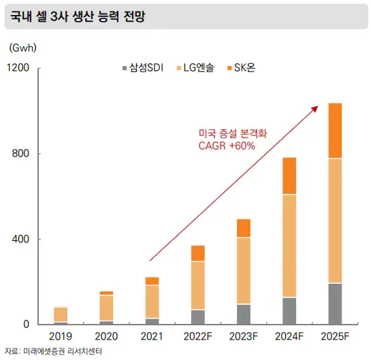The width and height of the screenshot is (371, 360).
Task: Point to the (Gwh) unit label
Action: [22, 48]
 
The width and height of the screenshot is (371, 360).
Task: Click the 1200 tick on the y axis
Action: [18, 68]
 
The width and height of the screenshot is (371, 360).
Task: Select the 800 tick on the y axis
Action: [21, 154]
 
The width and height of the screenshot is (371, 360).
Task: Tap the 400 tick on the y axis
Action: [21, 240]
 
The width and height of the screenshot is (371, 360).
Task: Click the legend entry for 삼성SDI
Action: [145, 68]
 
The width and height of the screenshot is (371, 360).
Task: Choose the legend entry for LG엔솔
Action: [198, 68]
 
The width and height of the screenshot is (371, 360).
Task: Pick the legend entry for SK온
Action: [244, 68]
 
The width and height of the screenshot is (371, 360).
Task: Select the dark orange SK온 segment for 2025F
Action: [335, 131]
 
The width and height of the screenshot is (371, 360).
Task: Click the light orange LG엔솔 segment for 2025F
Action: [335, 220]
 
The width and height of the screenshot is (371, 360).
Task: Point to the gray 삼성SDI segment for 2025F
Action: [335, 304]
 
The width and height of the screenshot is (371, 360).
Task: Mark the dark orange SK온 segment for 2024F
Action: [289, 176]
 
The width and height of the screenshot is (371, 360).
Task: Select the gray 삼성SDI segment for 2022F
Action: [197, 317]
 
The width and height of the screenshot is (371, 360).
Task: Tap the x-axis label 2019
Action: [61, 336]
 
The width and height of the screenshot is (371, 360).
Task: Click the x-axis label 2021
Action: [152, 336]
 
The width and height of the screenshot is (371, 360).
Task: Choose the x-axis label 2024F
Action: [289, 336]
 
